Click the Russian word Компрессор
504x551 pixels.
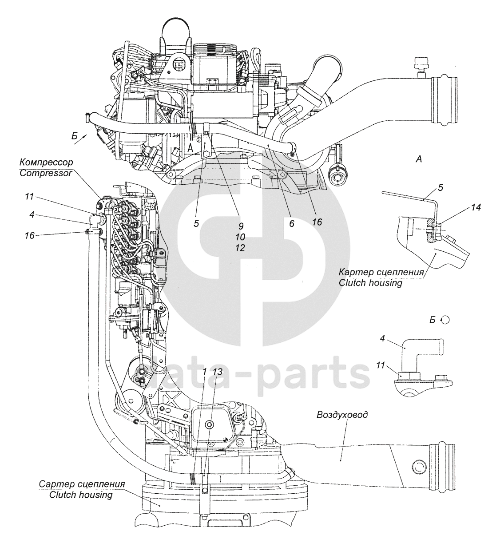coord(46,163)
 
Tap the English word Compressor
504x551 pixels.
coord(46,173)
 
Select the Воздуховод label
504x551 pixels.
coord(342,415)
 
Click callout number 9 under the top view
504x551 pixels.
coord(241,226)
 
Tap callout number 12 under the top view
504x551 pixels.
coord(240,248)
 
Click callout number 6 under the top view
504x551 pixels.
coord(292,224)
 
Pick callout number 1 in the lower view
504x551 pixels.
coord(204,372)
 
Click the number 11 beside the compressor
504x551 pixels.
coord(29,196)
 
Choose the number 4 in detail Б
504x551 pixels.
coord(382,338)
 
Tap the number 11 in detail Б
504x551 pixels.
coord(381,365)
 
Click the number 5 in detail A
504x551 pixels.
coord(441,188)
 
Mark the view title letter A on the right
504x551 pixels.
coord(419,159)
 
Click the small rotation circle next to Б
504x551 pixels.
coord(445,320)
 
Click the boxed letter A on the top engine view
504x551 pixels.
coord(190,149)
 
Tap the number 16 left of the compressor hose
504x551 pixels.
coord(30,235)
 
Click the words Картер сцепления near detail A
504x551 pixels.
coord(381,272)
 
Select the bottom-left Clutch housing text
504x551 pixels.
coord(81,495)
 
